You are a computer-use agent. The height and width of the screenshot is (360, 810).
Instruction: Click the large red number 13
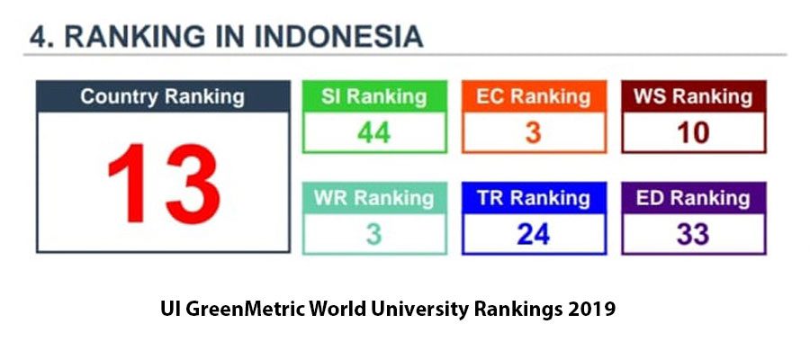point(164,184)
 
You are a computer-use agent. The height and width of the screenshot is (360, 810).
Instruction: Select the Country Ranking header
point(163,96)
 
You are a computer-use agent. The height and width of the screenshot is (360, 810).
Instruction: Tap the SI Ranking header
point(374,96)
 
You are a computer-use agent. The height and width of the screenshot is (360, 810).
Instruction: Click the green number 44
point(374,133)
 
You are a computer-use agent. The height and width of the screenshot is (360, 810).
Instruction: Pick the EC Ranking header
point(534,96)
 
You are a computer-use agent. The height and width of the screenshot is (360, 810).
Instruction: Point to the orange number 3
point(534,133)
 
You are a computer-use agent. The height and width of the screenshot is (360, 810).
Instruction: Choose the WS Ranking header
point(694,96)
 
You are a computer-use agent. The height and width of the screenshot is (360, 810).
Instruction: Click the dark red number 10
point(693,133)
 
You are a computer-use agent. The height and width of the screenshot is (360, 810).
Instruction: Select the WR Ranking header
point(374,198)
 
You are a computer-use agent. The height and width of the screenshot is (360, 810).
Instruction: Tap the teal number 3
point(374,235)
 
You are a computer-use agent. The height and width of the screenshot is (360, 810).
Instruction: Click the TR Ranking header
point(534,198)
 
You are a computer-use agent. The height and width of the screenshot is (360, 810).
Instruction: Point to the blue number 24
point(534,235)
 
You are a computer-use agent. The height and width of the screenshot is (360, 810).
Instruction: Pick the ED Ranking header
point(694,198)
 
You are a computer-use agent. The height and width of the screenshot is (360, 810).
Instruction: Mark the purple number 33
point(693,235)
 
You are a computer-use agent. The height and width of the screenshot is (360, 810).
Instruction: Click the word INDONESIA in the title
point(339,37)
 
